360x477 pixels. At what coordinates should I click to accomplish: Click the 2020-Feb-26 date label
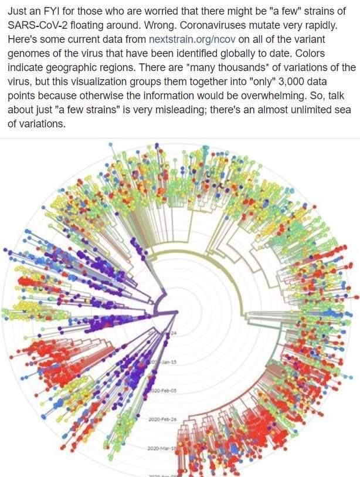(163, 419)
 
